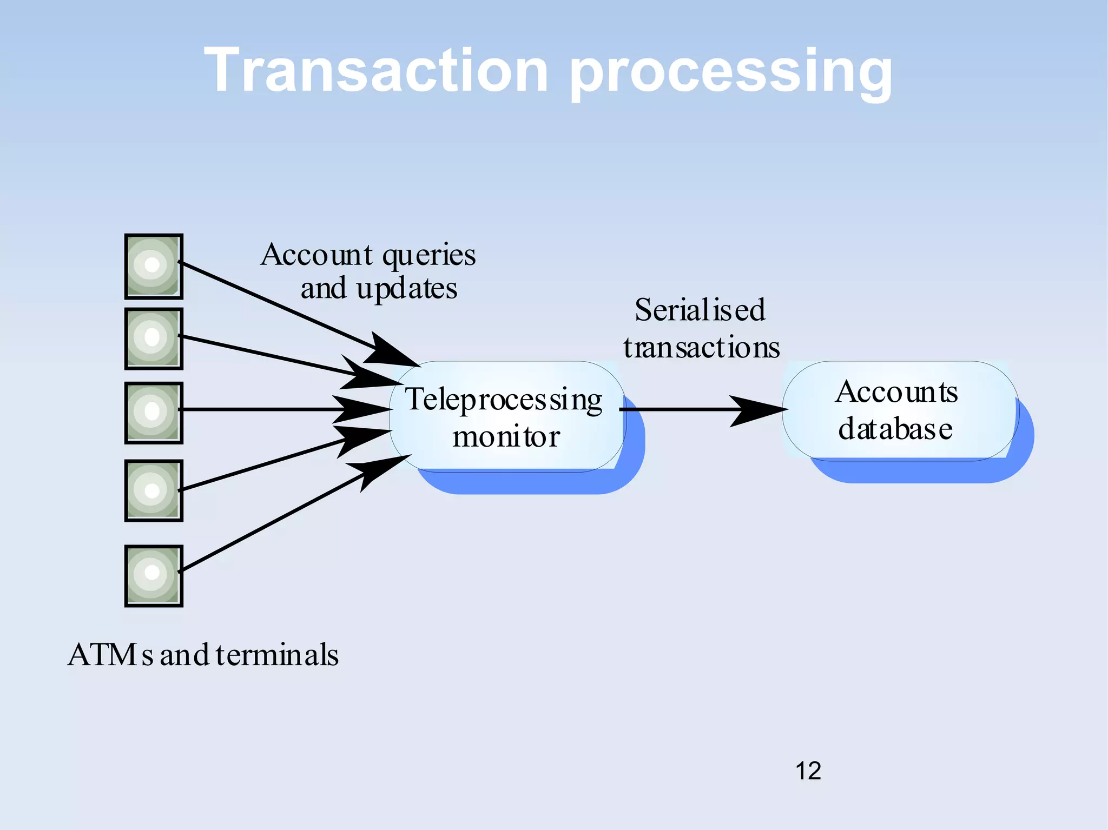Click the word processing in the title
point(730,73)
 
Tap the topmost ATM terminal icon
point(154,266)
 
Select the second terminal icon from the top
point(154,338)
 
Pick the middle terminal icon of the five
point(154,413)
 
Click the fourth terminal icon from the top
point(154,490)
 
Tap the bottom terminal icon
point(154,575)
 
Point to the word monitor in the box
point(506,437)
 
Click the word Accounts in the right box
point(896,393)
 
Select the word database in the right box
point(895,429)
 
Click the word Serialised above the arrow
point(700,310)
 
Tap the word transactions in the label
point(701,348)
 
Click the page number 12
point(808,771)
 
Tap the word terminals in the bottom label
point(276,655)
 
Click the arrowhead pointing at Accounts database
point(757,410)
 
